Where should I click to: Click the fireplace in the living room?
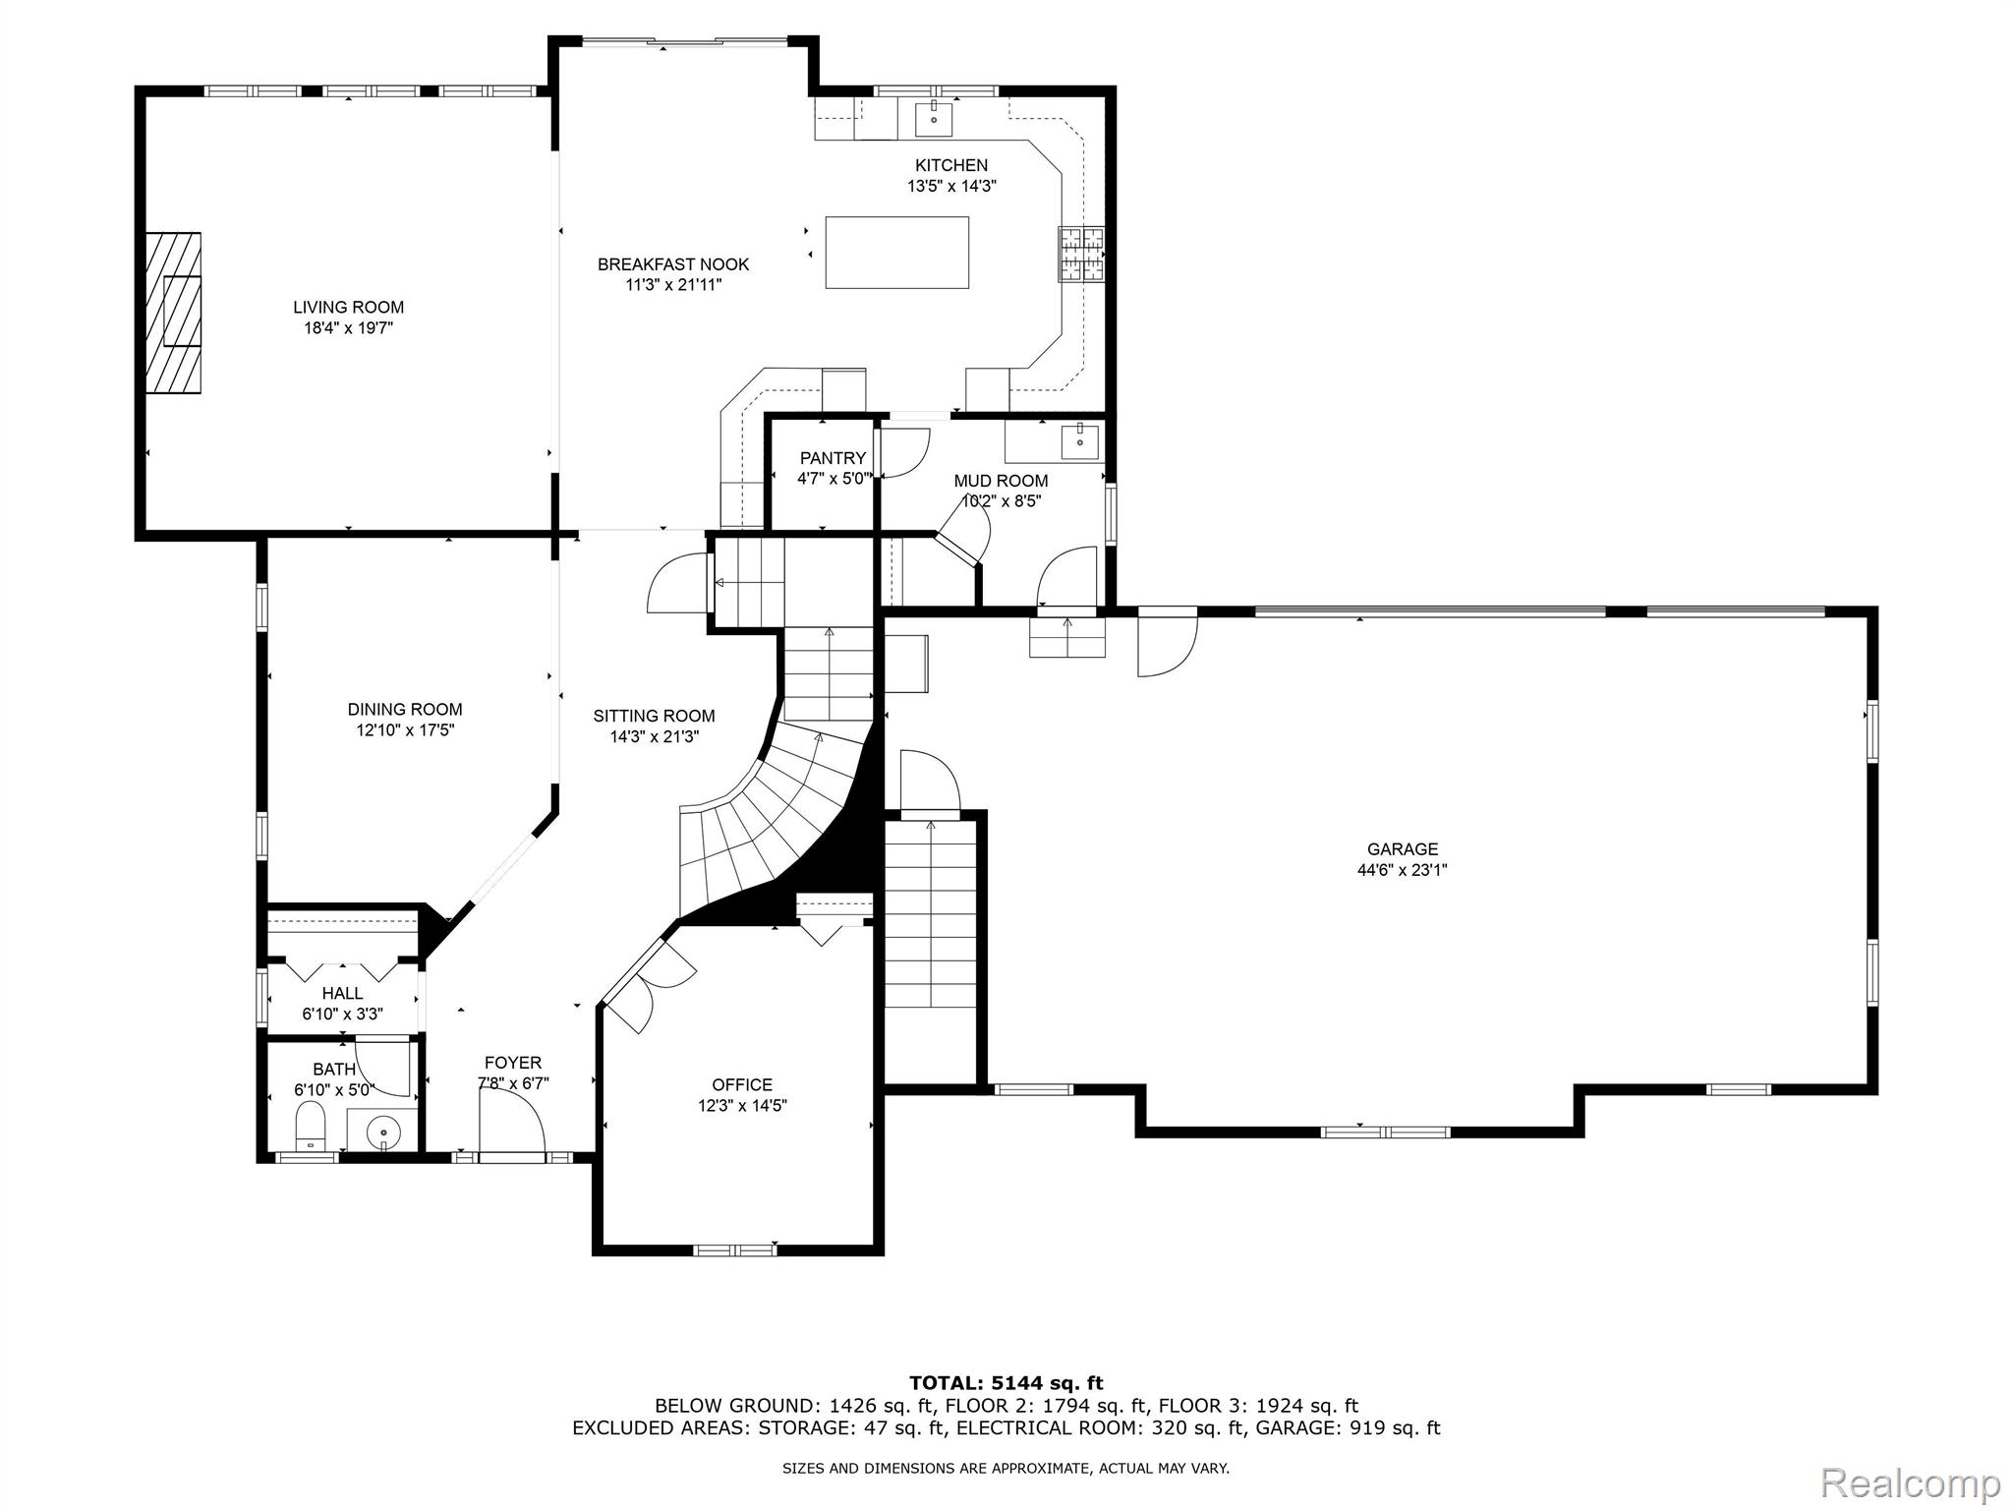tap(174, 313)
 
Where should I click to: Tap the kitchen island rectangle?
tap(896, 253)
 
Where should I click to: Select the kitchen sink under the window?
tap(934, 119)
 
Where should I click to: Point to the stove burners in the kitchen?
tap(1081, 255)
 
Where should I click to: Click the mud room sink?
tap(1079, 441)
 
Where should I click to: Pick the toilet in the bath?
tap(311, 1125)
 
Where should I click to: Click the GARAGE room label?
tap(1402, 848)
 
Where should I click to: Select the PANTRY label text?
tap(833, 458)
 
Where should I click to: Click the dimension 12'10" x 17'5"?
tap(405, 730)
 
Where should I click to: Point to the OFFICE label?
tap(742, 1084)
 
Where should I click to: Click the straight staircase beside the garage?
tap(930, 914)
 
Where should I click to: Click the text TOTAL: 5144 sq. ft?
tap(1006, 1383)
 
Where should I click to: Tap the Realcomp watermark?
tap(1910, 1481)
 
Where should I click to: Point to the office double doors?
tap(649, 983)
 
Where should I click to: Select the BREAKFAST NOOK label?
tap(673, 264)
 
